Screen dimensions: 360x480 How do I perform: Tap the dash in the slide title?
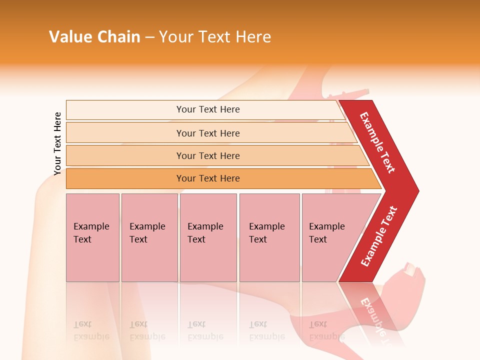point(149,37)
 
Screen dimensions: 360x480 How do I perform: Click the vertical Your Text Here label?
point(57,143)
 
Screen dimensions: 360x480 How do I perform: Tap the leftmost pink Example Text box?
point(92,237)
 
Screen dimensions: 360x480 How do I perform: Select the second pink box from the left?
point(149,237)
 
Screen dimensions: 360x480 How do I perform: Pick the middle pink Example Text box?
point(208,237)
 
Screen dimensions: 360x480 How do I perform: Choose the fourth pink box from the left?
point(269,237)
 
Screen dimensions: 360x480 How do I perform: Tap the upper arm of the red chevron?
point(378,142)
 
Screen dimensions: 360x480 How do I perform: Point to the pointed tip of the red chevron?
point(416,190)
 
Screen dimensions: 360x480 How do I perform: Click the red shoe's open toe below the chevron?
point(412,270)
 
